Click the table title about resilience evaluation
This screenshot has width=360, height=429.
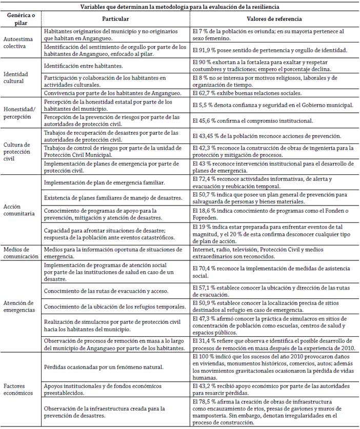point(179,6)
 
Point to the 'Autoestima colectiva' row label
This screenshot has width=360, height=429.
point(19,42)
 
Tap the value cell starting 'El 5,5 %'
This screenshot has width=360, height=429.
point(272,105)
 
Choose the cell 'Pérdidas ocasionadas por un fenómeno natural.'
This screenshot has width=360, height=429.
point(103,367)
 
